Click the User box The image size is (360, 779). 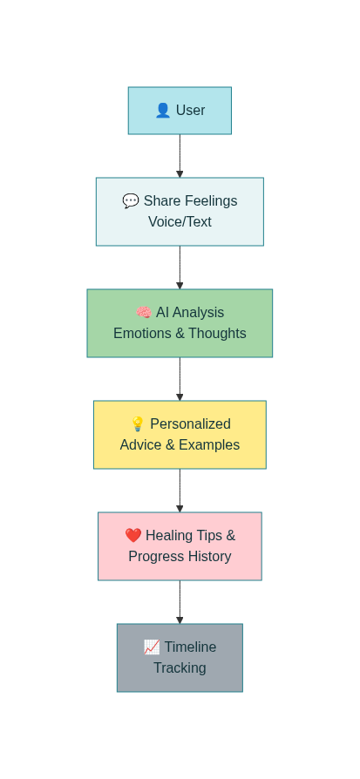180,111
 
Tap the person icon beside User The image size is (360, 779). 163,111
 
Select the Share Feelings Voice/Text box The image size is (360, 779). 180,212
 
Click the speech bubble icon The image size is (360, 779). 131,201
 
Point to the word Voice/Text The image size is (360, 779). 180,222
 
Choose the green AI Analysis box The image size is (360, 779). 180,323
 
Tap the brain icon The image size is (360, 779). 144,313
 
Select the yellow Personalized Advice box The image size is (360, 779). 180,435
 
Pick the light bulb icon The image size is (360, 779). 138,424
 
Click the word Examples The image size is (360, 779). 209,445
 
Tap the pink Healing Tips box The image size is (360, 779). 180,546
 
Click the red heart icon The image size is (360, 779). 133,536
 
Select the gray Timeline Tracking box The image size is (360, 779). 180,658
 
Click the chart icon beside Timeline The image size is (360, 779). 152,647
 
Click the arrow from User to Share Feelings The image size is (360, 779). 180,156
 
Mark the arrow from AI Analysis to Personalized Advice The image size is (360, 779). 180,379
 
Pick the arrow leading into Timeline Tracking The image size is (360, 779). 180,602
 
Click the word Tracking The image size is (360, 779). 180,668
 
